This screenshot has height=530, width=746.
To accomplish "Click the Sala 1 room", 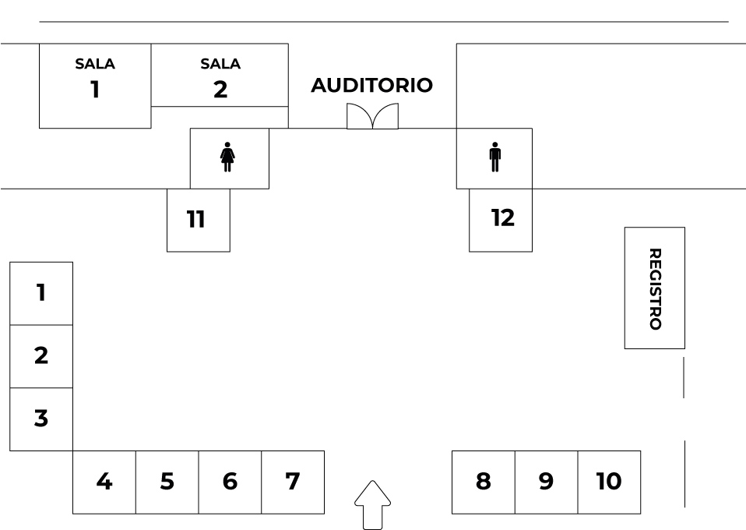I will (x=95, y=86).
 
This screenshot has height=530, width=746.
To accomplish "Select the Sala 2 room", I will (x=220, y=76).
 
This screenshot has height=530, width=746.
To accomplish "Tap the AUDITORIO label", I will (x=371, y=86).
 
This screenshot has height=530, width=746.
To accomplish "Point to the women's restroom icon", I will (x=227, y=157).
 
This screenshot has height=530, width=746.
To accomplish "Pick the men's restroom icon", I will (x=495, y=157).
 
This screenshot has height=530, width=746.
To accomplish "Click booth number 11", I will (x=198, y=220).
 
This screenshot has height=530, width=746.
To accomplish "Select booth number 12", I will (x=501, y=219).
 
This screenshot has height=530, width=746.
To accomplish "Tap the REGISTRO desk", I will (x=654, y=288).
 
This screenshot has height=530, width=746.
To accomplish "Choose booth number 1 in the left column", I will (x=41, y=293).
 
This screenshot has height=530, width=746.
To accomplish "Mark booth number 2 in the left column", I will (x=41, y=356).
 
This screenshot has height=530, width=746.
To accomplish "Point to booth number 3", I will (x=41, y=419).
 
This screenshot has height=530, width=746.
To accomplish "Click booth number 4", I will (x=104, y=482).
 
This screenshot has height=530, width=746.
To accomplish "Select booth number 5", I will (x=167, y=482).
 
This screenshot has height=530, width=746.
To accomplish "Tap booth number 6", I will (x=230, y=482).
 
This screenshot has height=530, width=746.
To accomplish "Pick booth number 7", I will (x=293, y=482).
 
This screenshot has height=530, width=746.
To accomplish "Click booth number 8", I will (x=484, y=482).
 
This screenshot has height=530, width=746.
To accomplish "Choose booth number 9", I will (x=546, y=482).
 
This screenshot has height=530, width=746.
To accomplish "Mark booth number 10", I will (x=609, y=482).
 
